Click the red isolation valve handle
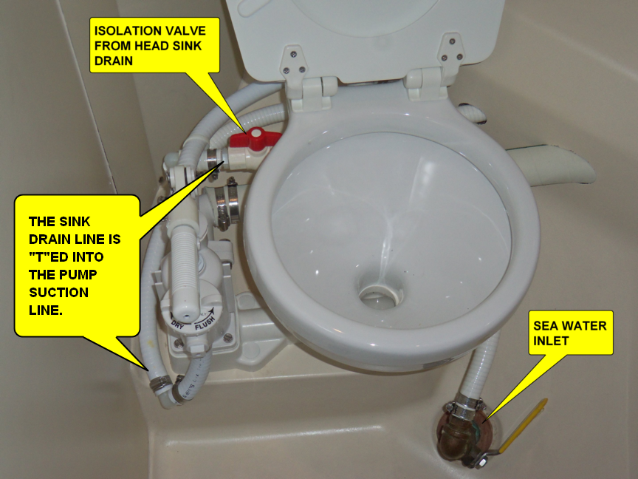[x=255, y=139]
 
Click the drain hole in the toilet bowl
[x=381, y=294]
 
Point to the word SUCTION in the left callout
[x=58, y=293]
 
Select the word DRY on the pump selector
[x=178, y=325]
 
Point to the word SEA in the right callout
[x=546, y=326]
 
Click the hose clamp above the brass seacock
[x=464, y=404]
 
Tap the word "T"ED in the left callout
[x=48, y=257]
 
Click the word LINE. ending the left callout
[x=46, y=310]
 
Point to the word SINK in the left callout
[x=75, y=222]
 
